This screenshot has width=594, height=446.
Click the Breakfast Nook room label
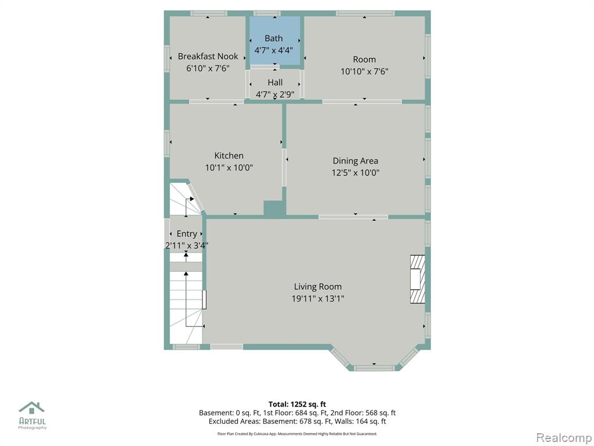tap(208, 56)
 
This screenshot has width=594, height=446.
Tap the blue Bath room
tap(274, 41)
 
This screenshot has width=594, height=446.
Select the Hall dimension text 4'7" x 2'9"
tap(275, 94)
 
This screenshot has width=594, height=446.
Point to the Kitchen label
tap(229, 156)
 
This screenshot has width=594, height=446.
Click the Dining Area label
tap(356, 161)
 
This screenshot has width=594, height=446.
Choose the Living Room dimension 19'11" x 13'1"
tap(318, 298)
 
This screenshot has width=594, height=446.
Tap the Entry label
tap(187, 233)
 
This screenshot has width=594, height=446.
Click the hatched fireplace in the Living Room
tap(417, 279)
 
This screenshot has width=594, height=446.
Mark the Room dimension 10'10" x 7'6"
tap(364, 71)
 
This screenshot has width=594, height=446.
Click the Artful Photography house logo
tap(32, 408)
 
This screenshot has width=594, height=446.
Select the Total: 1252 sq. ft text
tap(297, 404)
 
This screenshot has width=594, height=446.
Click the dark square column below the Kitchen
tap(274, 209)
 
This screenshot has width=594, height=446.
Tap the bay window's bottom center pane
tap(374, 368)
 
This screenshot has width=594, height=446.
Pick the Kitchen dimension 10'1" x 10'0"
tap(229, 167)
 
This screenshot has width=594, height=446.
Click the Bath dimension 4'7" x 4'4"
tap(274, 50)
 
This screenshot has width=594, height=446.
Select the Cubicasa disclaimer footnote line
tap(297, 433)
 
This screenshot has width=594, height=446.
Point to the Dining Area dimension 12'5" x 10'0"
tap(356, 172)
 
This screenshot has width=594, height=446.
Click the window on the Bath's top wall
tap(267, 13)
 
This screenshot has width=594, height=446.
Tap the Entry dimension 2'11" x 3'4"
tap(187, 246)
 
